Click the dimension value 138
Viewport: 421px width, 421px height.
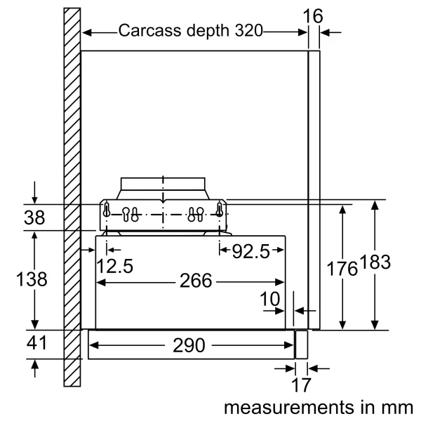(32, 279)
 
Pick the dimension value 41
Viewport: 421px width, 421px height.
(35, 344)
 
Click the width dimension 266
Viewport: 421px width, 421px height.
(194, 281)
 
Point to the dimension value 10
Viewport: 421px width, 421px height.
(269, 298)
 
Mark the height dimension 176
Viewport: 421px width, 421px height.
(342, 267)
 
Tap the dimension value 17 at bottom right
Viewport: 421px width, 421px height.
(300, 385)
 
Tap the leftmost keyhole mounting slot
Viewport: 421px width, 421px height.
(107, 210)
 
